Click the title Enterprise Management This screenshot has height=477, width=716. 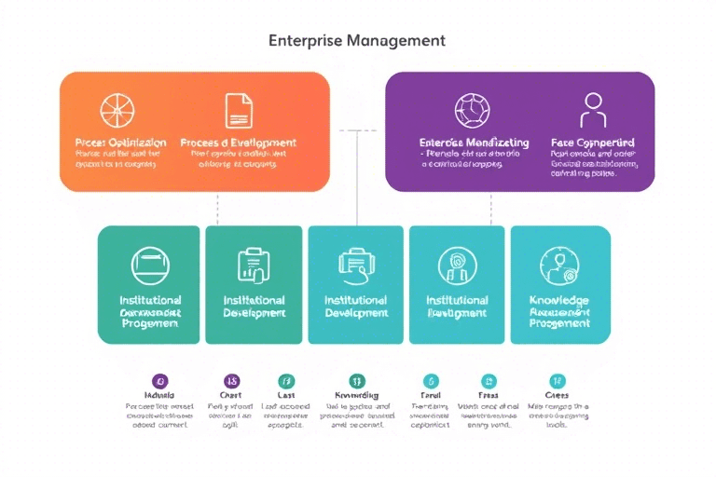point(356,41)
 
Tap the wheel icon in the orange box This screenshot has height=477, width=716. point(117,109)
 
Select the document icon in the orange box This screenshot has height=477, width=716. point(239,109)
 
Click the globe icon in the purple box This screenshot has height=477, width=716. point(472,109)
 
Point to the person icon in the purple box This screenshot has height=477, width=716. point(592,109)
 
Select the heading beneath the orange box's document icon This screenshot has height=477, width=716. point(239,143)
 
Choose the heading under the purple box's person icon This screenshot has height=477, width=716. point(593,143)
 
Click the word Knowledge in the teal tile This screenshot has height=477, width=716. point(558,301)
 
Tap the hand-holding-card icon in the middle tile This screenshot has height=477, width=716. point(355,266)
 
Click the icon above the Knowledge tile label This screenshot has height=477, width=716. point(558,266)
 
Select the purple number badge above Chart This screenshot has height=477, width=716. point(230,381)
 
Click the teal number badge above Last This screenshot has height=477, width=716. point(286,381)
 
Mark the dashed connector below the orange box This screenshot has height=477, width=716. point(216,209)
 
